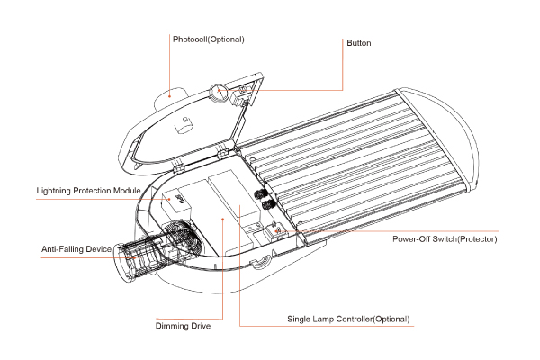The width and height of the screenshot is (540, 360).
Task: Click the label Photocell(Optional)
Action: [208, 40]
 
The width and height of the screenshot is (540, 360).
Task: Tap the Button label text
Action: [358, 43]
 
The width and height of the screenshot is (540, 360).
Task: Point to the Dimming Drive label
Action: [183, 325]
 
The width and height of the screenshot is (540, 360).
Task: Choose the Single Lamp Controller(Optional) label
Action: [348, 319]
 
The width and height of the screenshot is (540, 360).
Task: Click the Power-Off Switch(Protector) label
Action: [445, 238]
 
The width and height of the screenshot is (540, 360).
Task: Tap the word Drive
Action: [199, 325]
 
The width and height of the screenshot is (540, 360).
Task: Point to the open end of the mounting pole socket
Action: [123, 265]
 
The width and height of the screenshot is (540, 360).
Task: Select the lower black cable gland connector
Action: [267, 206]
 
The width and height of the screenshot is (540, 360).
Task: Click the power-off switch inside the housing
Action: [278, 229]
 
